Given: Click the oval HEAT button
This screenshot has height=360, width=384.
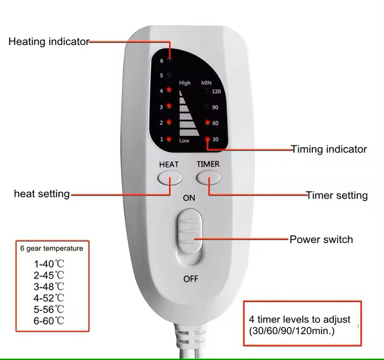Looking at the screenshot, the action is [x=169, y=178].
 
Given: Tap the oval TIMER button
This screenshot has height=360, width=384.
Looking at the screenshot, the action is [x=208, y=178].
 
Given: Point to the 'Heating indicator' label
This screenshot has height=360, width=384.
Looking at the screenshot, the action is [x=49, y=42].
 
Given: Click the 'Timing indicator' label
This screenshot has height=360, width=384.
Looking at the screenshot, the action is [x=329, y=150].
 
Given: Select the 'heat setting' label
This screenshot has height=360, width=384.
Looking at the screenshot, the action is [x=41, y=194].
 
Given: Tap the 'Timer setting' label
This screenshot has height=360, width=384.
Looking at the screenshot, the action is [x=337, y=195].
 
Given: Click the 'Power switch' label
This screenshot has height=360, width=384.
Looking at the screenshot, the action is [x=321, y=239].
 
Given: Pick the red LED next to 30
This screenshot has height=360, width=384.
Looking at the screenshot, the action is [x=208, y=139].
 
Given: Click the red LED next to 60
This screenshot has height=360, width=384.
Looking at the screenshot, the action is [x=208, y=123].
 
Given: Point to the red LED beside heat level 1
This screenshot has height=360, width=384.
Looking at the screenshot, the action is [x=169, y=139].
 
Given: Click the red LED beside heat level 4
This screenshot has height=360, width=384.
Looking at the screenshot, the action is [x=169, y=90].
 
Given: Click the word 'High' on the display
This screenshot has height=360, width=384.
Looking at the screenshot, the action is [x=185, y=83].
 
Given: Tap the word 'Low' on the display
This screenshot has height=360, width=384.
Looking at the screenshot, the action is [x=184, y=140].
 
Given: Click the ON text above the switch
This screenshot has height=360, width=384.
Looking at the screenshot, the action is [x=189, y=198].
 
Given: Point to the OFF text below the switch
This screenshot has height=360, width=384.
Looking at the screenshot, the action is [x=190, y=279].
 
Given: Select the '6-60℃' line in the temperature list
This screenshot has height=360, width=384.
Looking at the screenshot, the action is [x=49, y=321].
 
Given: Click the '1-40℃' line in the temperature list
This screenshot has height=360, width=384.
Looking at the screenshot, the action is [x=49, y=264].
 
